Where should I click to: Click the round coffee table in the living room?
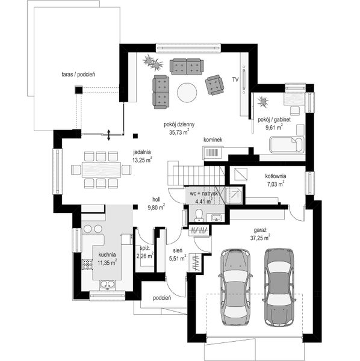[x=187, y=93]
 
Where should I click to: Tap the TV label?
[x=235, y=79]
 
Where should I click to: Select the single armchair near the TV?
[x=214, y=84]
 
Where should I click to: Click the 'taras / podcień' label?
[x=78, y=75]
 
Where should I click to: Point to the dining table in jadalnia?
[x=101, y=170]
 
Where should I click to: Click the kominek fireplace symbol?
[x=212, y=153]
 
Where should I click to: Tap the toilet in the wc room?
[x=199, y=215]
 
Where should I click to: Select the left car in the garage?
[x=235, y=287]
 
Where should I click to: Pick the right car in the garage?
[x=279, y=287]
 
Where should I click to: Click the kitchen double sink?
[x=107, y=285]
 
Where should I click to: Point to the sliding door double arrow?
[x=108, y=135]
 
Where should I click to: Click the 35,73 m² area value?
[x=179, y=132]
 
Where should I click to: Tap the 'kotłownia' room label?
[x=276, y=176]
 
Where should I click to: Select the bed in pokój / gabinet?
[x=287, y=144]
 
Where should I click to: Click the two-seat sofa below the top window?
[x=187, y=67]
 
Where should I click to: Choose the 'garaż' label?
[x=260, y=230]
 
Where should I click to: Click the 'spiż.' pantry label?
[x=145, y=248]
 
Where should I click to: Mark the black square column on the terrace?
[x=79, y=90]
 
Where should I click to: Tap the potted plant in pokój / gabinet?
[x=263, y=102]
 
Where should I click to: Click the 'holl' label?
[x=157, y=199]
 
